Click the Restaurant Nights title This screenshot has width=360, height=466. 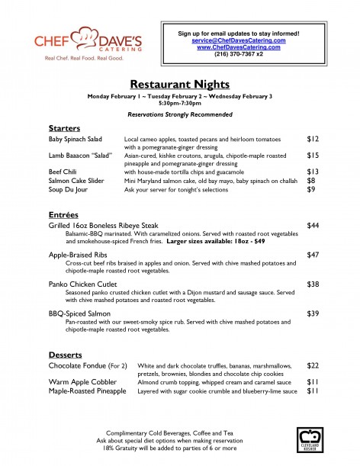tap(179, 84)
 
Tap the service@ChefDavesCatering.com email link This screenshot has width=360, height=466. tap(238, 40)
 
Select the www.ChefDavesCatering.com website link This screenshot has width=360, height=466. tap(238, 47)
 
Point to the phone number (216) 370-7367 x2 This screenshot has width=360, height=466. tap(238, 54)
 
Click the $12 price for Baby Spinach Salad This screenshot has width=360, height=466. tap(312, 140)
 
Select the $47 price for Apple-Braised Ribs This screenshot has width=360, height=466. tap(312, 254)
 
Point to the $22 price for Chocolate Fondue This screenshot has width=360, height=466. tap(312, 368)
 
